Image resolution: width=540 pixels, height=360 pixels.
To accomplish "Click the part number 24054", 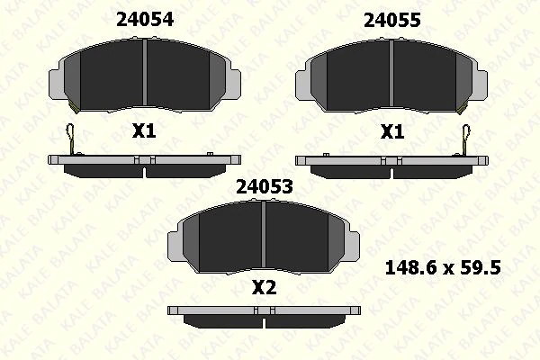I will tap(145, 19).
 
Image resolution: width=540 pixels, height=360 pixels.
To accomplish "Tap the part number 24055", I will tap(391, 19).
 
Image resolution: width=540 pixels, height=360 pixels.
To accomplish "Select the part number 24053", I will tap(262, 186).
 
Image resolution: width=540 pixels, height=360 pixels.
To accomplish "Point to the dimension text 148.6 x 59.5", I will tap(443, 266).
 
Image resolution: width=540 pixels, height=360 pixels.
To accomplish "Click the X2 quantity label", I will tap(263, 289).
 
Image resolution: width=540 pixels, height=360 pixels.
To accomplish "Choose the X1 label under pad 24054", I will tap(144, 131).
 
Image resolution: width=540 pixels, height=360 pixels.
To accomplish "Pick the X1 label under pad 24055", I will tap(391, 131).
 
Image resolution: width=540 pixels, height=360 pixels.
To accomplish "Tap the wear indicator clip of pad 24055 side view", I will tap(464, 138).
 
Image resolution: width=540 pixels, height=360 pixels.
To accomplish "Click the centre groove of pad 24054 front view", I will tap(145, 76).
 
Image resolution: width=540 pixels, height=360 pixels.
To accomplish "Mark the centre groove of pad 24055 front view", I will tap(391, 76).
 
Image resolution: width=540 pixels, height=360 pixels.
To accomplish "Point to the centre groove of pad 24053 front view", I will tap(262, 239).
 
